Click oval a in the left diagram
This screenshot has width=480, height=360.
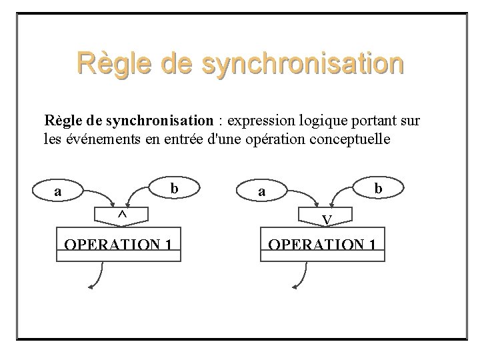pos(59,191)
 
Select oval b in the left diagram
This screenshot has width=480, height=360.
pos(173,189)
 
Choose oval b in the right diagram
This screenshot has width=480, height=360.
pos(377,189)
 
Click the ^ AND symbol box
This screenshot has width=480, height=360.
pos(122,215)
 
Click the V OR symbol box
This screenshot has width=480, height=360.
pos(326,218)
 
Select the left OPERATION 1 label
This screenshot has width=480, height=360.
pos(120,243)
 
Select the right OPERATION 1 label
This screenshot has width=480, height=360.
pos(324,243)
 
